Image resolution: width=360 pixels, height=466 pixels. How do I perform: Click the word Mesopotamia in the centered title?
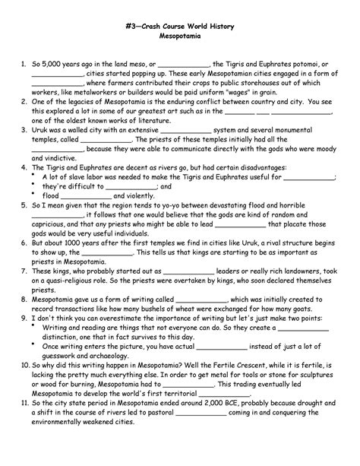coord(180,36)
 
